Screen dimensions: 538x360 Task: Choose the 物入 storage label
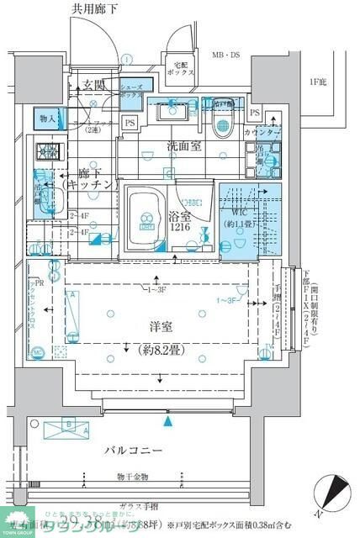47,119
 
